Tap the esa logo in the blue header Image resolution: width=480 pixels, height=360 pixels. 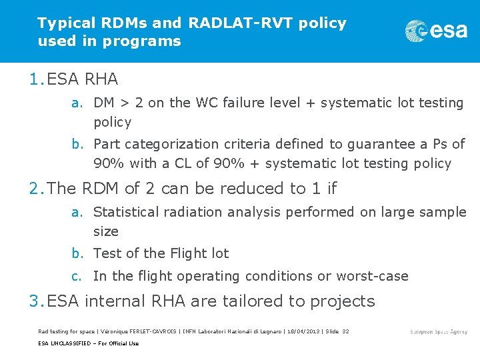[x=436, y=31]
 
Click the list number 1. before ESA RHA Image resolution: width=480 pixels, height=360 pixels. [x=37, y=79]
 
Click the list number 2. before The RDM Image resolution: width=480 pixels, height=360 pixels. [x=37, y=189]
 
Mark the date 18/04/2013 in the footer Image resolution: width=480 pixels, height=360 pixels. [x=302, y=331]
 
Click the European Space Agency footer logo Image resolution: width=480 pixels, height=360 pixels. [x=439, y=331]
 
